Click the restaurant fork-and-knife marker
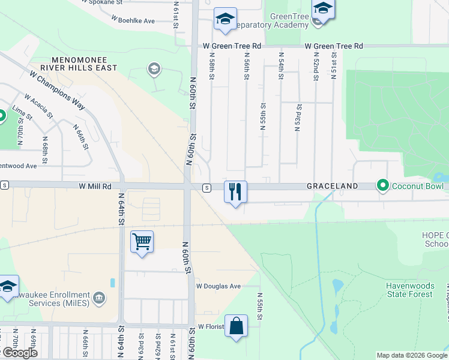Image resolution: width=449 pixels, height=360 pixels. [235, 192]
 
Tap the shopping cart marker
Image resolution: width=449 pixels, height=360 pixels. [142, 242]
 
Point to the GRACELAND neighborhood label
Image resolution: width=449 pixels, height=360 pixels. [333, 186]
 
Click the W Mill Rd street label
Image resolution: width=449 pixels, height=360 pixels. [95, 187]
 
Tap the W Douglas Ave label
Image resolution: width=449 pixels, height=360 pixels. [218, 286]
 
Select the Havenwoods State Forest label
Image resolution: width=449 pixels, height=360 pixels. [409, 290]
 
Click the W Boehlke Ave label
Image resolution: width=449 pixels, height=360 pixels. [133, 20]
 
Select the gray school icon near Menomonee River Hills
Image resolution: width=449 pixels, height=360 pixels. [154, 70]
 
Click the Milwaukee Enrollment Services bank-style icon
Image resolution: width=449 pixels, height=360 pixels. [99, 296]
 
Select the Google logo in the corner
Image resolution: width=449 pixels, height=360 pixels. [19, 353]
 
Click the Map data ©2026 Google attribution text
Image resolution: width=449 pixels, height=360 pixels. [412, 355]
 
